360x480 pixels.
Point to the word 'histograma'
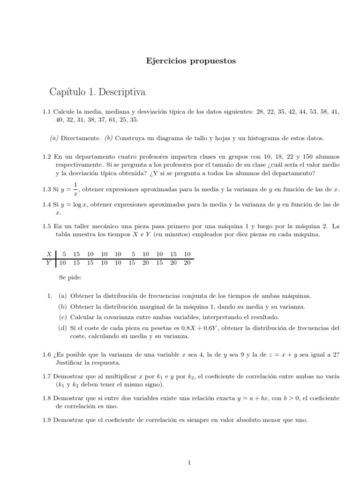pos(270,138)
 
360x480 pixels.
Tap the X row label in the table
pos(49,254)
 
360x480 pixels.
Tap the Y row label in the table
pos(49,262)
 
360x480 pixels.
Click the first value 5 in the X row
pos(64,254)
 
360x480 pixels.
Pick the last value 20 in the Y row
pos(187,262)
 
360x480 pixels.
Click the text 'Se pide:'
pos(70,277)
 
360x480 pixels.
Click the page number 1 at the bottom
pos(189,463)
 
